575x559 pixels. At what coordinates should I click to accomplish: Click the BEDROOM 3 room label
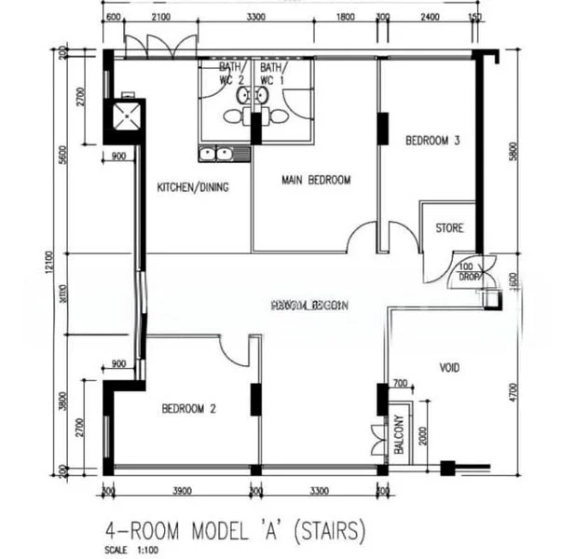(x=432, y=142)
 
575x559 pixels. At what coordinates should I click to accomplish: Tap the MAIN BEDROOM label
(x=316, y=180)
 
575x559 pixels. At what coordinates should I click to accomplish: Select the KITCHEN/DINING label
(x=193, y=187)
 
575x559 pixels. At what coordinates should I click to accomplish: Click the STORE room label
(x=450, y=228)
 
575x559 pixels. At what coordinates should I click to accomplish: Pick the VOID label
(x=449, y=368)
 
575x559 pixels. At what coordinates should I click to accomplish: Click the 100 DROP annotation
(x=469, y=272)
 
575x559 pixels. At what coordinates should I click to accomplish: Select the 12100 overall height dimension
(x=62, y=263)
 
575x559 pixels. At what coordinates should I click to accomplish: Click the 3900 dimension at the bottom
(x=182, y=490)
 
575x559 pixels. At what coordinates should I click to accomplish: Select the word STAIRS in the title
(x=326, y=531)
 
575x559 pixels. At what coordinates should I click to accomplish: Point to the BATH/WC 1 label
(x=272, y=75)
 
